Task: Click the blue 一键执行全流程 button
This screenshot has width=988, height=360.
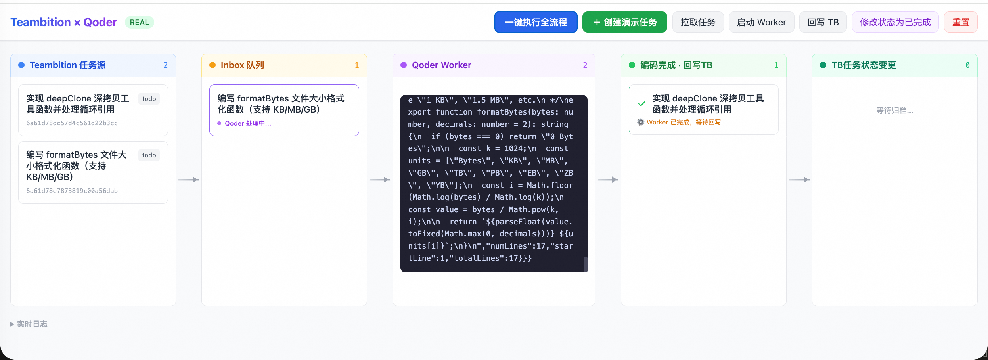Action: click(x=536, y=22)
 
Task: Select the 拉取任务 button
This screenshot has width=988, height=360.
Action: click(x=698, y=22)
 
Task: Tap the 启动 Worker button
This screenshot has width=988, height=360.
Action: click(x=761, y=22)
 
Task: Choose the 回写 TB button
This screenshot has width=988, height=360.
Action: click(x=823, y=22)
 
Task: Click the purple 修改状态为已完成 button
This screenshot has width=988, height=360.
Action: click(x=895, y=22)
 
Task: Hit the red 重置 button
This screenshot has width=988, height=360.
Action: click(x=961, y=22)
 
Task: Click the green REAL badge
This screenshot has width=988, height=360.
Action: click(x=140, y=22)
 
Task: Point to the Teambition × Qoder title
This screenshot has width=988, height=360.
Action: click(x=64, y=22)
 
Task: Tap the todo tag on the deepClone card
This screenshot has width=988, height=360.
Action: click(x=149, y=99)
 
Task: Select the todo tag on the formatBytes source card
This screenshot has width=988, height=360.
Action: click(x=149, y=155)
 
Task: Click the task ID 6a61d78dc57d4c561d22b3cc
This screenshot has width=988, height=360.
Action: click(x=72, y=123)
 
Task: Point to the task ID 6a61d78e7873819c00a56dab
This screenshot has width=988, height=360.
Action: click(x=72, y=191)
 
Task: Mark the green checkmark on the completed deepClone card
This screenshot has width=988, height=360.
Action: click(x=641, y=104)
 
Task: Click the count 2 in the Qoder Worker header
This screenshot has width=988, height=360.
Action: click(x=585, y=65)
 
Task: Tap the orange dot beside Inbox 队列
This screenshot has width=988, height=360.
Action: click(x=213, y=65)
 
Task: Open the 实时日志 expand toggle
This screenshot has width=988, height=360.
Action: click(x=12, y=324)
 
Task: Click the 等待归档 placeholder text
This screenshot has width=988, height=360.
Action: click(x=894, y=110)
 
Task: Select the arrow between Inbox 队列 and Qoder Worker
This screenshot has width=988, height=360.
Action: click(x=379, y=180)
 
